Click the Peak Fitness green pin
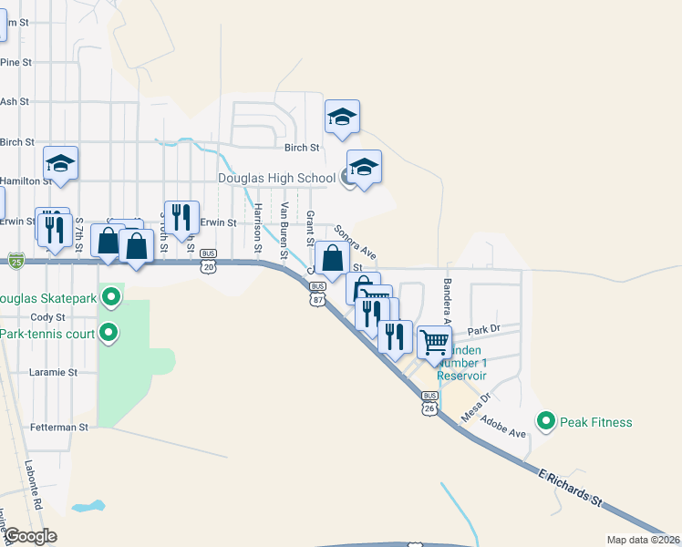tap(546, 421)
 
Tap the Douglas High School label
tap(277, 178)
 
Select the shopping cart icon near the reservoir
tap(435, 343)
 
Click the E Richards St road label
tap(572, 491)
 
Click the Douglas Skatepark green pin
tap(111, 297)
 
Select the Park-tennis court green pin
tap(108, 332)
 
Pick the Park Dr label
tap(484, 330)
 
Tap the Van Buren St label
tap(284, 228)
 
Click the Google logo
tap(30, 536)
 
